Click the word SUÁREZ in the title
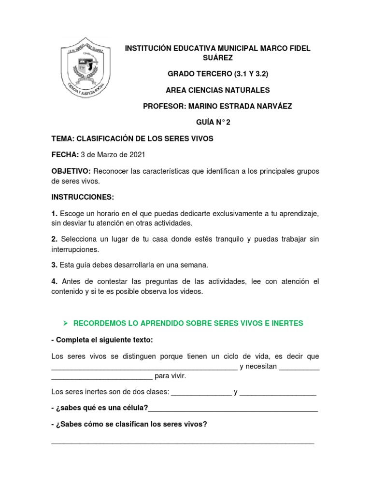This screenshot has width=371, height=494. [217, 58]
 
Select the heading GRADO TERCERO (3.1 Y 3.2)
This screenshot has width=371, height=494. [217, 74]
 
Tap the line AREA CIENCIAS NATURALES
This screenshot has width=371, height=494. [217, 90]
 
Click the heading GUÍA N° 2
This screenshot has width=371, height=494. [217, 123]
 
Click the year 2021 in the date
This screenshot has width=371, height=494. [135, 155]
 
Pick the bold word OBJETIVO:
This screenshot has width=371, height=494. [71, 171]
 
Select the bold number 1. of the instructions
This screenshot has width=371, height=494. [55, 213]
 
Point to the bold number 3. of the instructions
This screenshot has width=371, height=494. [55, 265]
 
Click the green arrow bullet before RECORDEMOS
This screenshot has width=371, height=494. [67, 323]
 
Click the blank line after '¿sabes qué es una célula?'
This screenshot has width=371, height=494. [233, 408]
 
